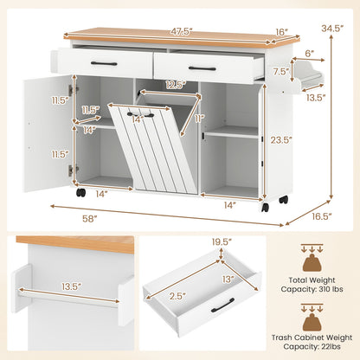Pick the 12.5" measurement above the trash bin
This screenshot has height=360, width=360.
pyautogui.click(x=176, y=84)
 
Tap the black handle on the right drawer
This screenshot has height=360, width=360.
pyautogui.click(x=202, y=68)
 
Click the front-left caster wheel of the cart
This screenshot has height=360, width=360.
pyautogui.click(x=80, y=192)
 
